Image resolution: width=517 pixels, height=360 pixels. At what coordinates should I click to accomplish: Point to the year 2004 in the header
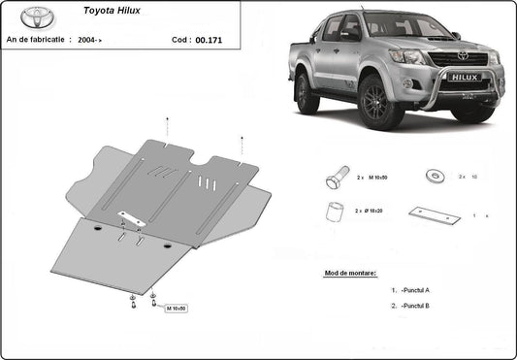[86, 40]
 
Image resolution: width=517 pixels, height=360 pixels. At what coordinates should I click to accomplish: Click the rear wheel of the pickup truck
[307, 92]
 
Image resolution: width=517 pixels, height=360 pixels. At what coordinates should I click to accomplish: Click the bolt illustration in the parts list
[336, 179]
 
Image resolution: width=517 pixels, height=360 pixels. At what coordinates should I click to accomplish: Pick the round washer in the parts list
[432, 176]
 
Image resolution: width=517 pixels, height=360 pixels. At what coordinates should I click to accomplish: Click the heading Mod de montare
[350, 274]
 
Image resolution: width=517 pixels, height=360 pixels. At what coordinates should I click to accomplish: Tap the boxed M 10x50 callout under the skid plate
[176, 309]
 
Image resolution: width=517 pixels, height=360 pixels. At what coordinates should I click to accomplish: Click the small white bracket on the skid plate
[129, 218]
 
